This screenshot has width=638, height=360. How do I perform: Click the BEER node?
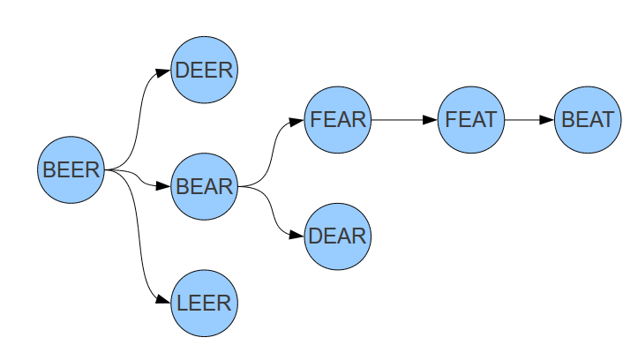point(71,169)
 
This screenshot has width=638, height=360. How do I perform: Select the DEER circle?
point(205,70)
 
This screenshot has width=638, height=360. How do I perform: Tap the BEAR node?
point(205,186)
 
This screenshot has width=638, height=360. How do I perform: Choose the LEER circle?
point(205,303)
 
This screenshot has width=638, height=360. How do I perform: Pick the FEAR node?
point(338,119)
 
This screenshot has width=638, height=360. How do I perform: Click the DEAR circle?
point(338,236)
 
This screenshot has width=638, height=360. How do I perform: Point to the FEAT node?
point(471,119)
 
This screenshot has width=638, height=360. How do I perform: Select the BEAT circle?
point(588,119)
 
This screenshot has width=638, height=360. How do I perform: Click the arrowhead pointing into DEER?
point(163,71)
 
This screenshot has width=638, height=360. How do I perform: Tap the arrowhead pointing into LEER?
point(163,302)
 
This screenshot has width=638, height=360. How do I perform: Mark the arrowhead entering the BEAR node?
point(163,186)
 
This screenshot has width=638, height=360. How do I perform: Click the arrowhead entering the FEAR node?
point(296,120)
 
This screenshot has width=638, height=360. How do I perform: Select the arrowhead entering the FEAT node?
point(430,119)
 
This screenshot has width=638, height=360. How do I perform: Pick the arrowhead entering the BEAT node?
point(547,119)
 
